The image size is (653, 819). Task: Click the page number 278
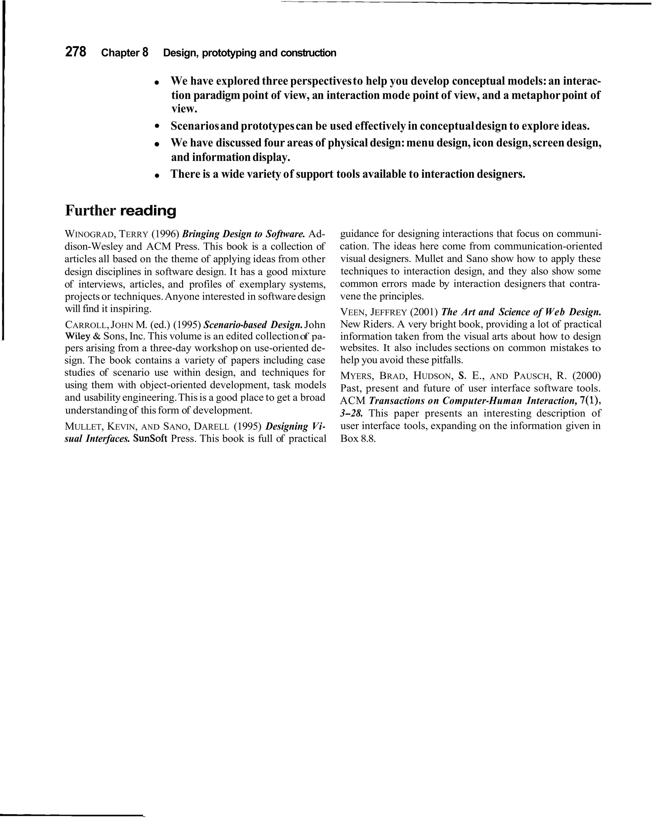point(76,52)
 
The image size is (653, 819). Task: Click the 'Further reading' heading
point(121,211)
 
